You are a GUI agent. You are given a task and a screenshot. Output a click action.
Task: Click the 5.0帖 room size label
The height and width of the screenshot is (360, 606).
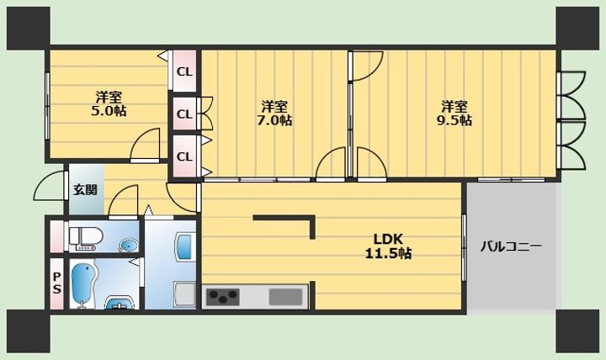109,111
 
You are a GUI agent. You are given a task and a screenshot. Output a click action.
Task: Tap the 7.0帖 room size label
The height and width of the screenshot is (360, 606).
274,120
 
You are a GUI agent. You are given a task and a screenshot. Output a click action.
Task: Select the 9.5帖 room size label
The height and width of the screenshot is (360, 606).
454,120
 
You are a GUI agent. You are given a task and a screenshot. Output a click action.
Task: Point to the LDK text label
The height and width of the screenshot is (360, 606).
388,240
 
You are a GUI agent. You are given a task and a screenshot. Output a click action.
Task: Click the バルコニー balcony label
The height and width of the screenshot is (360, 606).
511,246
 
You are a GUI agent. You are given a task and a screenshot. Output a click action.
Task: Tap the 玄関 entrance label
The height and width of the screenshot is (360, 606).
85,189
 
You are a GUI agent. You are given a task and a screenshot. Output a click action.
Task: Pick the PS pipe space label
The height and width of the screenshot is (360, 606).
57,283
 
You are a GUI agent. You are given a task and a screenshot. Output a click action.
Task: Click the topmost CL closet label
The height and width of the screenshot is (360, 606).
184,71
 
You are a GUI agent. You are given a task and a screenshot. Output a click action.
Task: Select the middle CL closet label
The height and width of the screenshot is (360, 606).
184,114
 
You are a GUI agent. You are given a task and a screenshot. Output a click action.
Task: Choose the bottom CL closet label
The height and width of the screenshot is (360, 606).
184,156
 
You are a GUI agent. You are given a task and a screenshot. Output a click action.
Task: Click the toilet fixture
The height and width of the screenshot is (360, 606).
86,237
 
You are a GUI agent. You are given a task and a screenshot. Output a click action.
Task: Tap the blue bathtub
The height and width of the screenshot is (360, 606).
83,285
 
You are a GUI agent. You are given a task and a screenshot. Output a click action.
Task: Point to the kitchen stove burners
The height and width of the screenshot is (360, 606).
222,297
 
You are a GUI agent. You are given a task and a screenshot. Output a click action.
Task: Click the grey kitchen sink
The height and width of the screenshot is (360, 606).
285,297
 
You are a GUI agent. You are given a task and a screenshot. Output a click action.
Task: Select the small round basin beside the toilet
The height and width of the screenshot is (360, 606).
128,245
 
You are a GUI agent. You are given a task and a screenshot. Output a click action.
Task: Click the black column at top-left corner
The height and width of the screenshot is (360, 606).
29,29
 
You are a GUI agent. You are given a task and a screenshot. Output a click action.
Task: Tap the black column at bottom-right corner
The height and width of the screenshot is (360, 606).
577,331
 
